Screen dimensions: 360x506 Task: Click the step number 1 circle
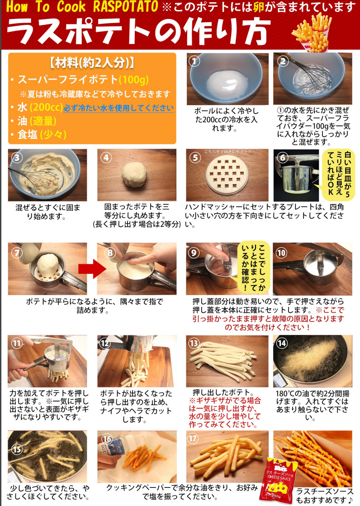(194, 61)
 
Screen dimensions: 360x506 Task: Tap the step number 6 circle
(282, 158)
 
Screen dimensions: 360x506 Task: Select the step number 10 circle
(281, 253)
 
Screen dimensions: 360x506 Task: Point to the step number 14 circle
(282, 343)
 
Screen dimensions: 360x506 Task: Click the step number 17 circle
(193, 438)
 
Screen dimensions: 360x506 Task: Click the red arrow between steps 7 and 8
(92, 268)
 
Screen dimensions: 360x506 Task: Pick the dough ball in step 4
(134, 174)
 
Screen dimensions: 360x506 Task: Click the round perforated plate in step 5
(227, 175)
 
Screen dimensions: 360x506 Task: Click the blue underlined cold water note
(118, 108)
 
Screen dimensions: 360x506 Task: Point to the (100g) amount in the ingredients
(133, 79)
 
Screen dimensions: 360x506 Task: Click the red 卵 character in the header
(259, 7)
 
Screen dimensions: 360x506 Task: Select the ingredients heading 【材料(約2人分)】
(92, 62)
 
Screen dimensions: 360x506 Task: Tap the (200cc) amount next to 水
(46, 107)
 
